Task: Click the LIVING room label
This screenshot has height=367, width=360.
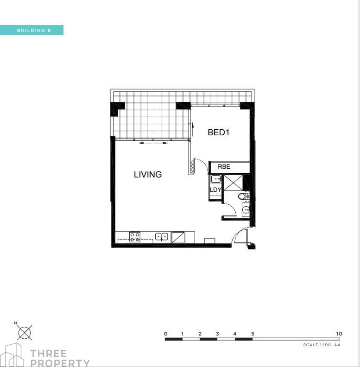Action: (x=148, y=174)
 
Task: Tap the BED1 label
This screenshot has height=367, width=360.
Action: (x=218, y=132)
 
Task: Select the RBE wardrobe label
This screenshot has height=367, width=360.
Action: (x=224, y=166)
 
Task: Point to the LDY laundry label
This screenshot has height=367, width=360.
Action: (x=215, y=190)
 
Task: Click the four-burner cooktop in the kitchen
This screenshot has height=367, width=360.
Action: (x=135, y=237)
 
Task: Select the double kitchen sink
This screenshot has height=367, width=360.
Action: (x=162, y=237)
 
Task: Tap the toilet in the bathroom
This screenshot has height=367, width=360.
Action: (x=244, y=196)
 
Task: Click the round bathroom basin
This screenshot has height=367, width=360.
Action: (x=246, y=209)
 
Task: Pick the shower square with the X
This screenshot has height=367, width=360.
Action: (x=234, y=183)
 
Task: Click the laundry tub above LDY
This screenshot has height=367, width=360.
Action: (x=215, y=179)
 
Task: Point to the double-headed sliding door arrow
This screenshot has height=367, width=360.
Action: (x=153, y=143)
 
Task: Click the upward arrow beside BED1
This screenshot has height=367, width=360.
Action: (x=193, y=129)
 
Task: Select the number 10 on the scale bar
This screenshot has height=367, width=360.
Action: (x=339, y=334)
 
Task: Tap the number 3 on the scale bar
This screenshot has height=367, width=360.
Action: (x=217, y=334)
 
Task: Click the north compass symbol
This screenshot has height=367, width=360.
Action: (x=25, y=332)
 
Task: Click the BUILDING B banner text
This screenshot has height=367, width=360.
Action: (x=34, y=31)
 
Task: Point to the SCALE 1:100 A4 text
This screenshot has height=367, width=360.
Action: (x=322, y=345)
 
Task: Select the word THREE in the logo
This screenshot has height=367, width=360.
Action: (x=49, y=354)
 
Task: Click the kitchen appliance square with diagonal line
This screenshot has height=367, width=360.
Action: (x=178, y=238)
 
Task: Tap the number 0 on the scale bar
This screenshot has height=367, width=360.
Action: (x=166, y=334)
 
